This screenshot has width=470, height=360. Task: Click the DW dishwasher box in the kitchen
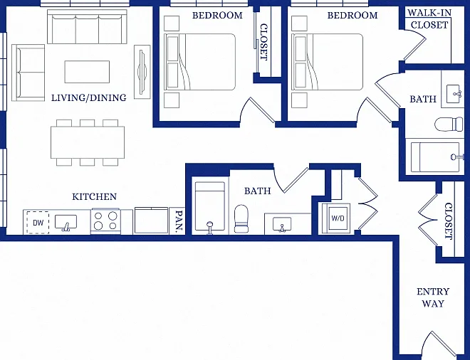point(38,222)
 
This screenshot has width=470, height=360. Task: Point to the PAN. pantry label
point(179,222)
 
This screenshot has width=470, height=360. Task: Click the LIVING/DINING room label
point(89,97)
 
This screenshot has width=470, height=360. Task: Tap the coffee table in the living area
point(87,72)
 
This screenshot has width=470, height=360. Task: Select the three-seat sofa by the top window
point(87,26)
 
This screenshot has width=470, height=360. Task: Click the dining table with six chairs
point(88,142)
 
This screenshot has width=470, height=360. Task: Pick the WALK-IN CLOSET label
point(429,19)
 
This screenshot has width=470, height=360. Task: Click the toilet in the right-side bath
point(449,125)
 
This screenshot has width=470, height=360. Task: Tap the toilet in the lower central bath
point(241,218)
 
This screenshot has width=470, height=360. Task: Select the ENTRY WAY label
point(433,297)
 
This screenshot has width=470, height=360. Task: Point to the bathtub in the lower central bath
point(210,206)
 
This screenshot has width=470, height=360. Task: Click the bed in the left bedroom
point(199,62)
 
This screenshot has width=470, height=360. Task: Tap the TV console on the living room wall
point(142,72)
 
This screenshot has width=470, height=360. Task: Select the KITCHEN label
point(95,196)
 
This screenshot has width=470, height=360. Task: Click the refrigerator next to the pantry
point(151,220)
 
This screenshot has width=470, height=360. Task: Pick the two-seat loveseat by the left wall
point(28,73)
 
